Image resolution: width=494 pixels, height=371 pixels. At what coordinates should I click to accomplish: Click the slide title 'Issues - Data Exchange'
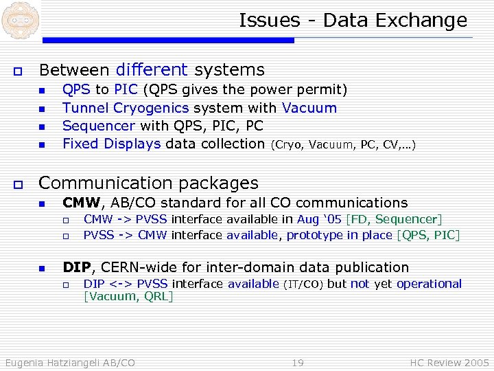(353, 21)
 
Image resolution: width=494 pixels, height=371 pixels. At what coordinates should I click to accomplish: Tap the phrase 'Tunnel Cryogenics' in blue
(126, 108)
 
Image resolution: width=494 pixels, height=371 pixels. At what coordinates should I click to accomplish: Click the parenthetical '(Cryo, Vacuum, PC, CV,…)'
(343, 144)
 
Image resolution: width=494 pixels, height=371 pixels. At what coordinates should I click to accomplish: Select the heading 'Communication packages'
(148, 183)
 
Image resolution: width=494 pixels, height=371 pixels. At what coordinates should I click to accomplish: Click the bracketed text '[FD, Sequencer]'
(395, 219)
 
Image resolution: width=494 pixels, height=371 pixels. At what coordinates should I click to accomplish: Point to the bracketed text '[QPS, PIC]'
(428, 235)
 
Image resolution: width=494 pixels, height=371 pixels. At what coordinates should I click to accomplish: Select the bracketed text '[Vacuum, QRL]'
(128, 296)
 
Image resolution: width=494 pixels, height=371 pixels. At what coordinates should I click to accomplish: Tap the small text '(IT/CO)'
(303, 284)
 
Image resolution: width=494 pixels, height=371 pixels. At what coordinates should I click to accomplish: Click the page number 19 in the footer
(297, 362)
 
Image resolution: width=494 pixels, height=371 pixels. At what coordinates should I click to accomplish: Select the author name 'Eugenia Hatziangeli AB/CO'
(70, 362)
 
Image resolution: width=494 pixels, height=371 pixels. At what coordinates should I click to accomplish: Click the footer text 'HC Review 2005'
(449, 362)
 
